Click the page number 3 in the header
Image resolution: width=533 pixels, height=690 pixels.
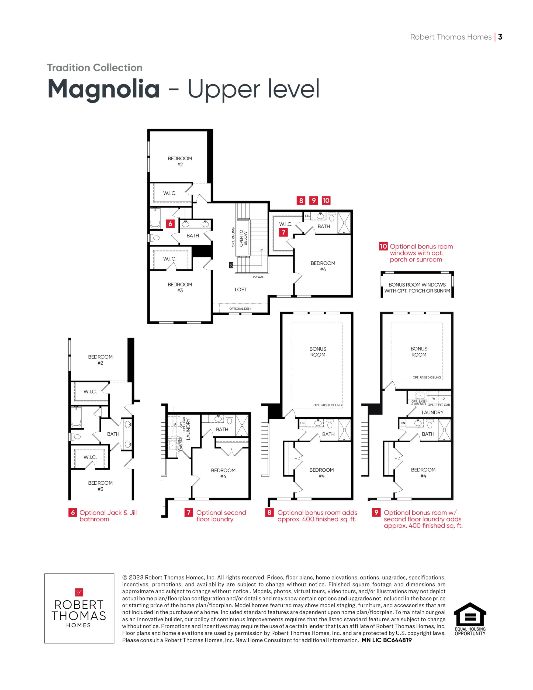click(x=500, y=37)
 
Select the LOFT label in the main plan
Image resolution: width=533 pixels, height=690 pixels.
click(x=240, y=289)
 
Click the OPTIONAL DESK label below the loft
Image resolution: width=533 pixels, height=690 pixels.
click(x=240, y=309)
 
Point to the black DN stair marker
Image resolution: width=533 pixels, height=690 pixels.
click(x=231, y=265)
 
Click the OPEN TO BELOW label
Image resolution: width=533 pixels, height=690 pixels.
click(x=243, y=238)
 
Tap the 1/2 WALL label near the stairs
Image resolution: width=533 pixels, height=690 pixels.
click(x=259, y=277)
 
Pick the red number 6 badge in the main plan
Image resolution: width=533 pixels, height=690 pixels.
click(x=170, y=224)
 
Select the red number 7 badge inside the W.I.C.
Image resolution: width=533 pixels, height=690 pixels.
click(x=283, y=232)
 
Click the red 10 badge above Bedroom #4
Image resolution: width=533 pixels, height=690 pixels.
click(x=326, y=200)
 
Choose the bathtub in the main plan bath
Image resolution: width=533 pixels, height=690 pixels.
click(x=155, y=218)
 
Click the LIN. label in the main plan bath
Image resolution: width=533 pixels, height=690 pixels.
click(x=307, y=216)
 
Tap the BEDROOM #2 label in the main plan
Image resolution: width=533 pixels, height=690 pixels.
click(x=180, y=161)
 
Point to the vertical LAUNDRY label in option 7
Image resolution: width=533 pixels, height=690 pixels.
click(x=188, y=429)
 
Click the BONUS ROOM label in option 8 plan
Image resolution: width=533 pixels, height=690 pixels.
click(x=318, y=352)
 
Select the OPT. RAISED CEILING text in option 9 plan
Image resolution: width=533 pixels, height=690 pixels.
click(x=427, y=377)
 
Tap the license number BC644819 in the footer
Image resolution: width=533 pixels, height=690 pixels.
click(x=397, y=640)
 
